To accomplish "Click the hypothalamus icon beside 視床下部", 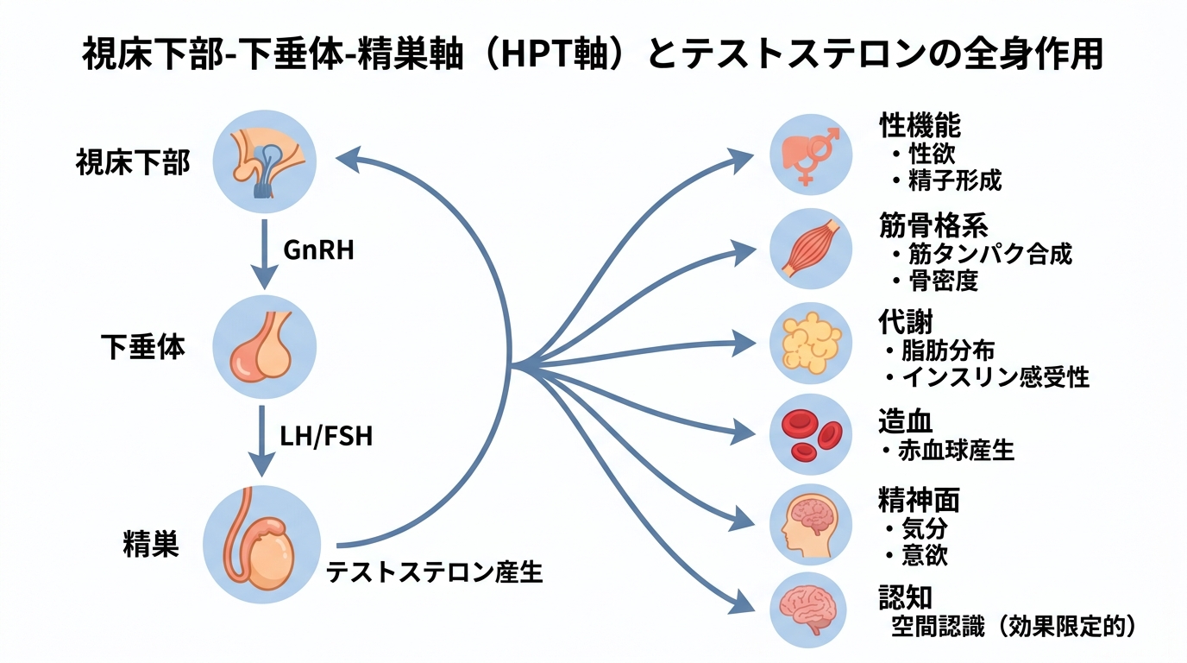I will [x=265, y=161].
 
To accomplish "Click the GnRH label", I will [x=318, y=250].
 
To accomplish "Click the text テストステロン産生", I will [x=434, y=571].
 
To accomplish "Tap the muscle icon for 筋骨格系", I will [x=811, y=249].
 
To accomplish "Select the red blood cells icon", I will [x=811, y=434].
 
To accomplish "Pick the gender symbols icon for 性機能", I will [x=811, y=155].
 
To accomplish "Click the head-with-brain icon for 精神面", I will [x=811, y=525].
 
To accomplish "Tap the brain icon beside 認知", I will [x=811, y=609].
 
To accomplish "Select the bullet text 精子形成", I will [x=954, y=181].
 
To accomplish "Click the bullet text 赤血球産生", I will [x=958, y=451].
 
